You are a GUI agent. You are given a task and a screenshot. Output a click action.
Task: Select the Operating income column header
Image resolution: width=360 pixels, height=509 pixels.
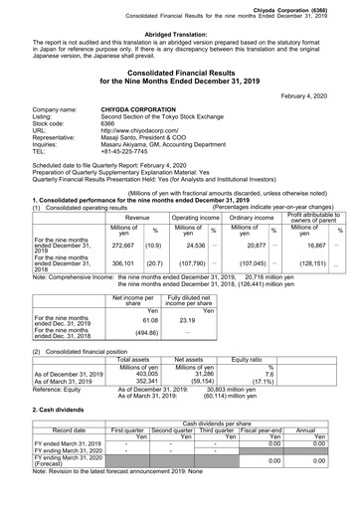[195, 216]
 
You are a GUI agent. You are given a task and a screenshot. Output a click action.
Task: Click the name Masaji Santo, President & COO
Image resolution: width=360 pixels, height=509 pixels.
[148, 141]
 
